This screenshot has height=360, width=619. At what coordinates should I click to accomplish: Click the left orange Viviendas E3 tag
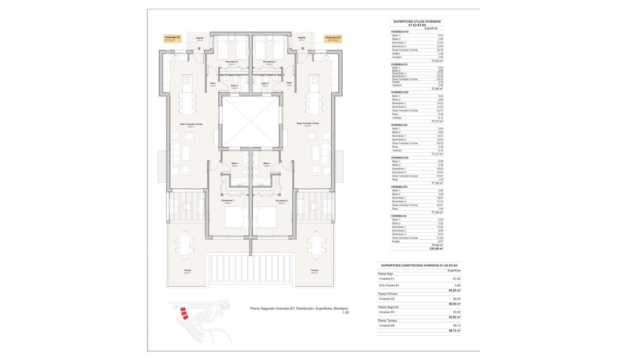tap(172, 39)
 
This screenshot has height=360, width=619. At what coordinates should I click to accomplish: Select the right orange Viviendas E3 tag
tap(333, 39)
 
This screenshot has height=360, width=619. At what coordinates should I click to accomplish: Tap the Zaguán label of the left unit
tap(200, 39)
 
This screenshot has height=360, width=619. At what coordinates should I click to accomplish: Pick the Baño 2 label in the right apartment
tap(265, 85)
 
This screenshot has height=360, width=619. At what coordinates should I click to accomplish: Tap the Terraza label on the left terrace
tap(187, 270)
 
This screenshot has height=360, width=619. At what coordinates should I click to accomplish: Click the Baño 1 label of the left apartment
tap(235, 163)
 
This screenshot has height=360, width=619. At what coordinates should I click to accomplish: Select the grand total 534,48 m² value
tap(437, 249)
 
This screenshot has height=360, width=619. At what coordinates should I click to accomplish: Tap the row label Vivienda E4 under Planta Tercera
tap(387, 325)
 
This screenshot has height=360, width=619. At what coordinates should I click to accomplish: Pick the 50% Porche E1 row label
tap(389, 285)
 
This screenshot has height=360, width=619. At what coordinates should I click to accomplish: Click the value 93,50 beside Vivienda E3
tap(455, 312)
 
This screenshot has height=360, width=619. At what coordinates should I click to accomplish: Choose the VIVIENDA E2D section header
tap(400, 92)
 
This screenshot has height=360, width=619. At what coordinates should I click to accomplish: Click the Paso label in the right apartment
tap(289, 83)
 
